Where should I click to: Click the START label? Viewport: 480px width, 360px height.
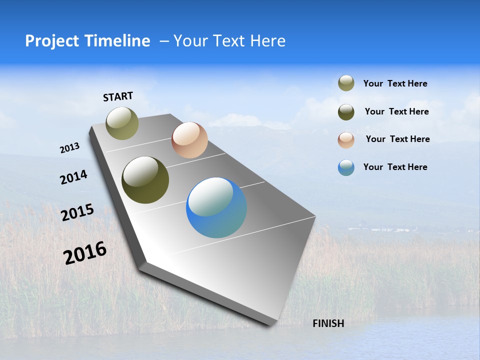pos(118,96)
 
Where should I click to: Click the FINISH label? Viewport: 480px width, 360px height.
pos(328,323)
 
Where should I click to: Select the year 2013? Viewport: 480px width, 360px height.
pos(69,148)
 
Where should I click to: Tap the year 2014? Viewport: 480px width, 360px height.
pos(73,177)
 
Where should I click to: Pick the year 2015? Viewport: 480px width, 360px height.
pos(77,212)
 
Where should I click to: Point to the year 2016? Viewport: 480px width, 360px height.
pos(85,253)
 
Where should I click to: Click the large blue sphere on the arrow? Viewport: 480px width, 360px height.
pos(216,207)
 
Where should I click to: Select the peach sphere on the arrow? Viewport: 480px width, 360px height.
pos(189,140)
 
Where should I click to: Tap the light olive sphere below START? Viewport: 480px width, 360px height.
pos(122,123)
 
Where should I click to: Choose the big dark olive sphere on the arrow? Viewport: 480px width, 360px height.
pos(145,180)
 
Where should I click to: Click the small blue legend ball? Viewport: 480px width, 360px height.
pos(346,167)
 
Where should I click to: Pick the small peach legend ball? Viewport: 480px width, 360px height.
pos(346,140)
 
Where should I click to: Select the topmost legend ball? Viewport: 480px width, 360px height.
pos(346,83)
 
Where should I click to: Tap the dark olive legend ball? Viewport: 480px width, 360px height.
pos(346,112)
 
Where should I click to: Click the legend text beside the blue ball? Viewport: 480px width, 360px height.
pos(395,167)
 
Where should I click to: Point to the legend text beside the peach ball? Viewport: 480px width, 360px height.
pos(397,139)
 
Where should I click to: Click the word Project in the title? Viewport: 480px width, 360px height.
pos(52,41)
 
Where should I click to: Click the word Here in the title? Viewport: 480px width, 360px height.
pos(267,41)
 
